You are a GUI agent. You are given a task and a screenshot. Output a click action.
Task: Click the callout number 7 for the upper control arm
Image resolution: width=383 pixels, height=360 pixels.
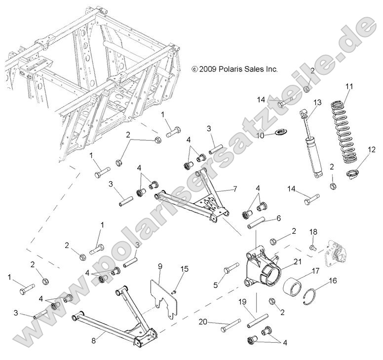[235, 189]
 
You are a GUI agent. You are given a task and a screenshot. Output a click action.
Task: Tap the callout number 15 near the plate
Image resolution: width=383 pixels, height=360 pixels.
[185, 269]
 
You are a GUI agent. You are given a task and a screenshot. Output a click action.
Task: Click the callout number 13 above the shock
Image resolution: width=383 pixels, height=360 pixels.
[317, 102]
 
